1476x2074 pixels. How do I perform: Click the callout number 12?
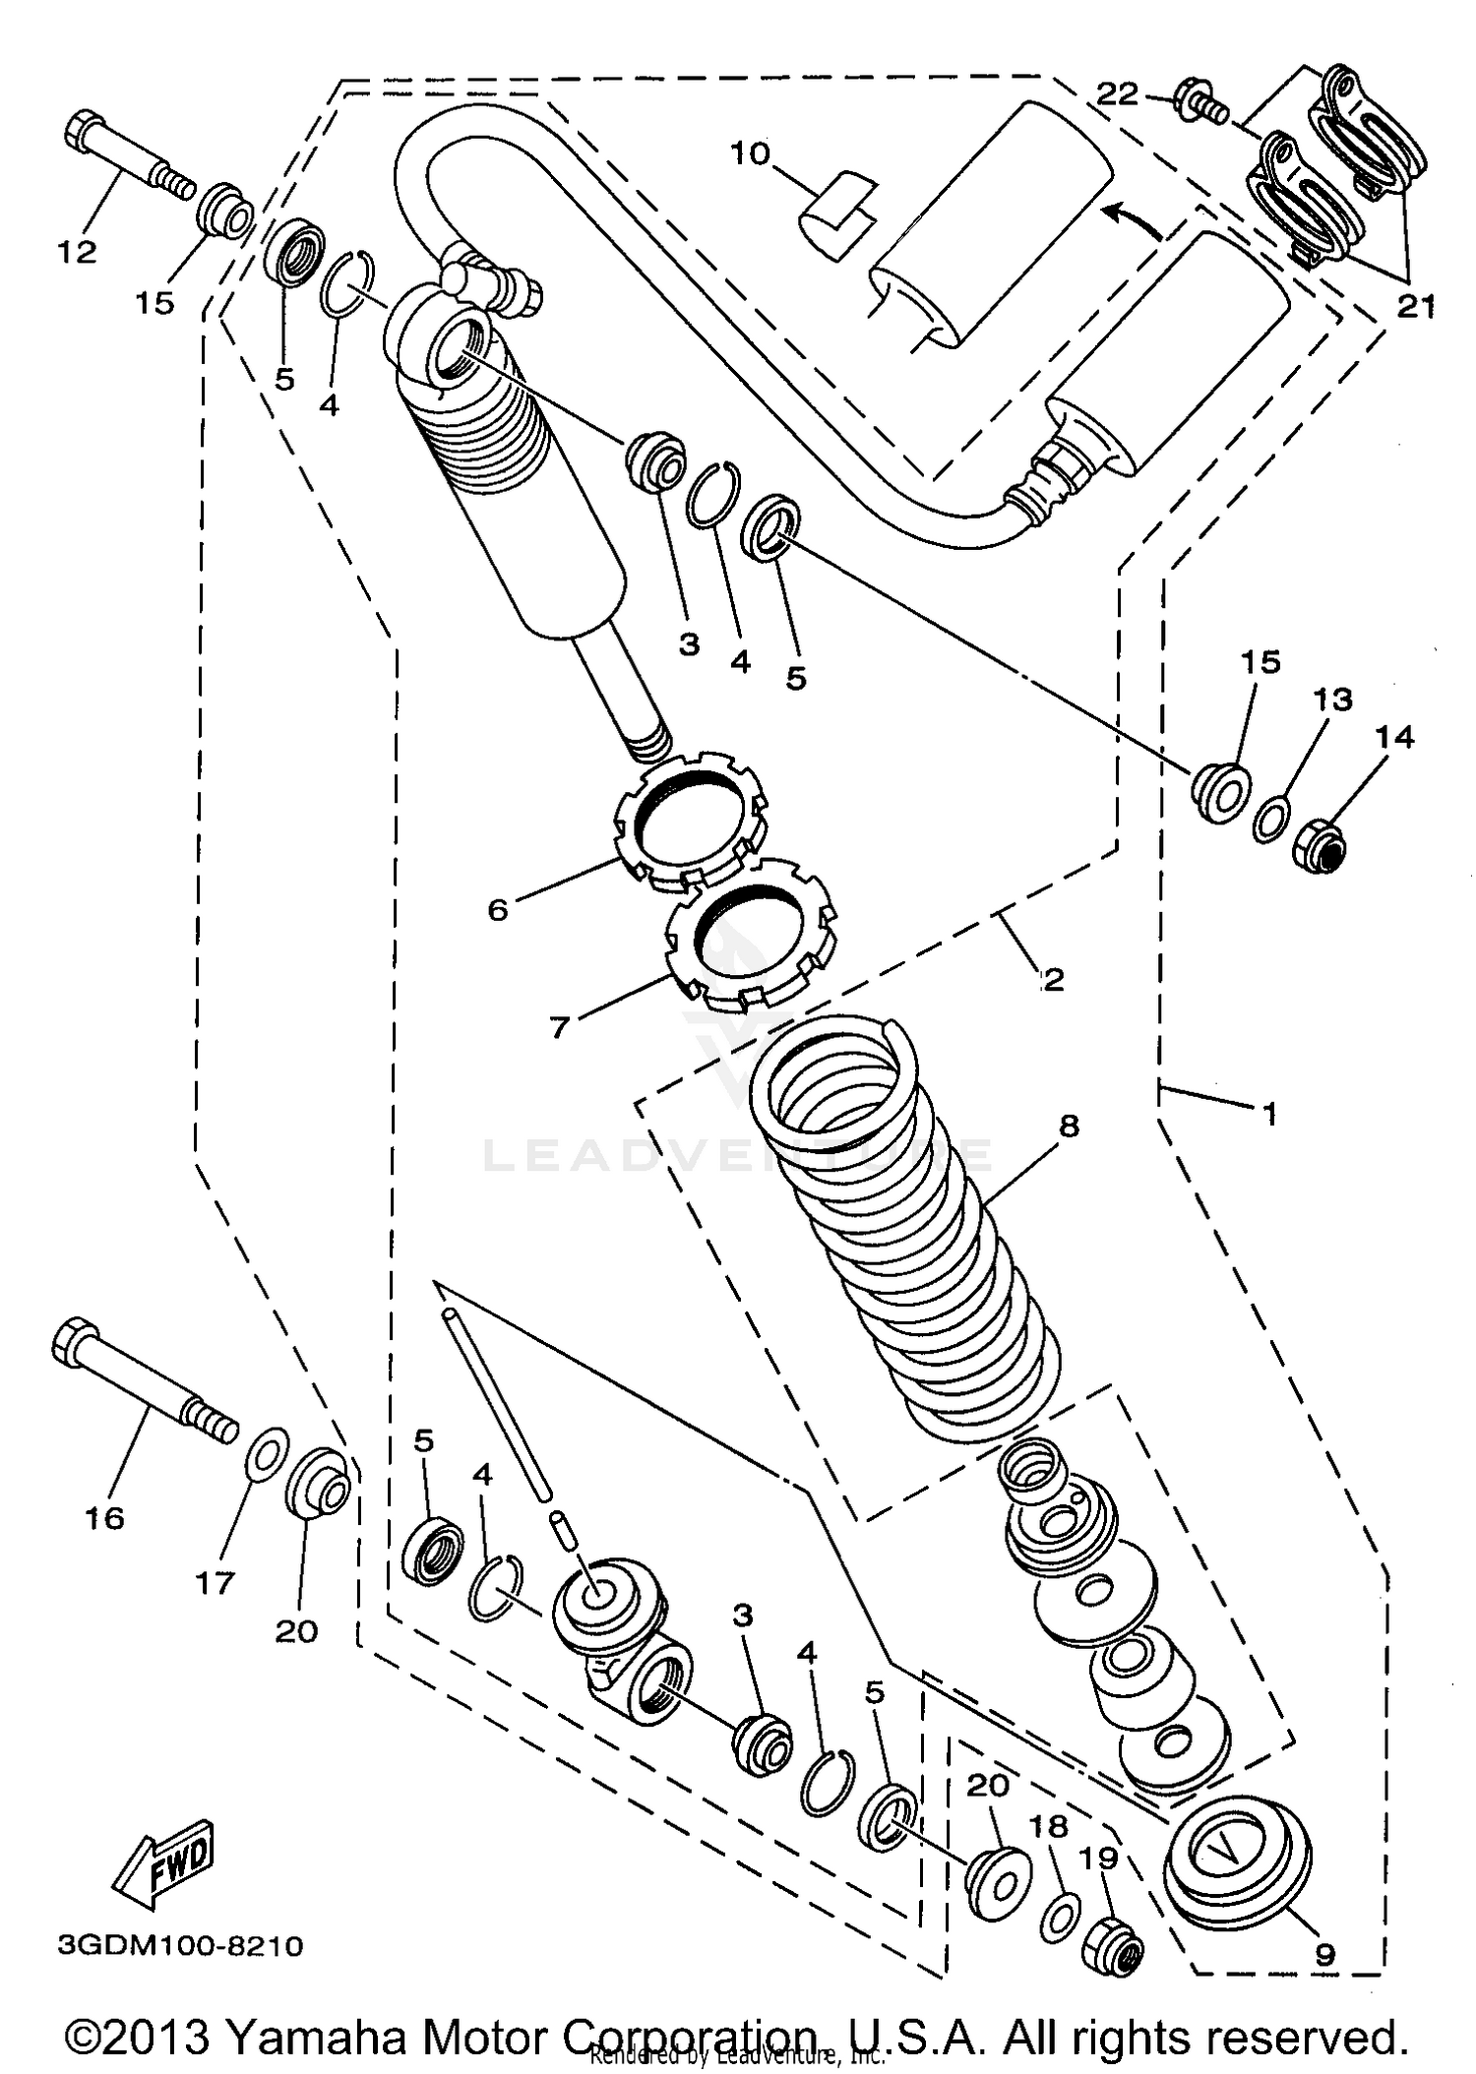[x=78, y=252]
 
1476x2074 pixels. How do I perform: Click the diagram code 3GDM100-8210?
[x=180, y=1946]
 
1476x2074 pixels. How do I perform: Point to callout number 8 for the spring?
[x=1069, y=1125]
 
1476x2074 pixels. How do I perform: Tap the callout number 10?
[x=750, y=154]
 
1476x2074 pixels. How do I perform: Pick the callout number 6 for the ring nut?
[x=498, y=909]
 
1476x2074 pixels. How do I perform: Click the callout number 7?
[x=559, y=1027]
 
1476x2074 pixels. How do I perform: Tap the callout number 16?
[x=104, y=1517]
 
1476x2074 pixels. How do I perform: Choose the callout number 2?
[x=1053, y=979]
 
